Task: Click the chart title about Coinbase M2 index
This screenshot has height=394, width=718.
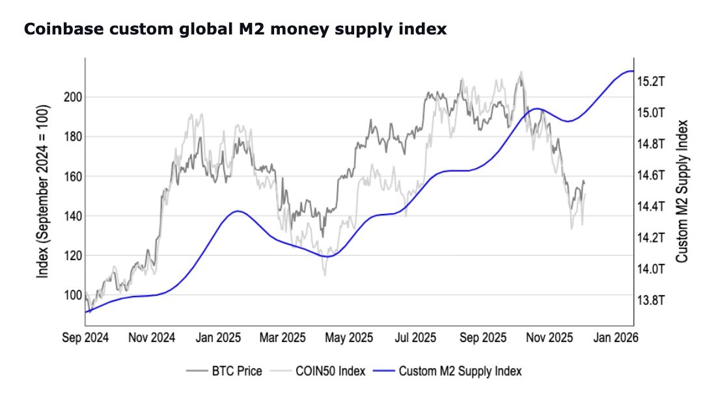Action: pyautogui.click(x=235, y=30)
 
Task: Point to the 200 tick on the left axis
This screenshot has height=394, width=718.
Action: pyautogui.click(x=72, y=97)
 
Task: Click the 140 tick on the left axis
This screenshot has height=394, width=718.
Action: pyautogui.click(x=72, y=216)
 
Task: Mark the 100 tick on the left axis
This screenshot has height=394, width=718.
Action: pyautogui.click(x=72, y=295)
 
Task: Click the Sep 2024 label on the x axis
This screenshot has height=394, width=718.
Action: pyautogui.click(x=86, y=338)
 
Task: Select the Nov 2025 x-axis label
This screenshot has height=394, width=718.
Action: pyautogui.click(x=547, y=338)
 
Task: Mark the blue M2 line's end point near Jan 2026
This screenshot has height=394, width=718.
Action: pyautogui.click(x=633, y=72)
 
